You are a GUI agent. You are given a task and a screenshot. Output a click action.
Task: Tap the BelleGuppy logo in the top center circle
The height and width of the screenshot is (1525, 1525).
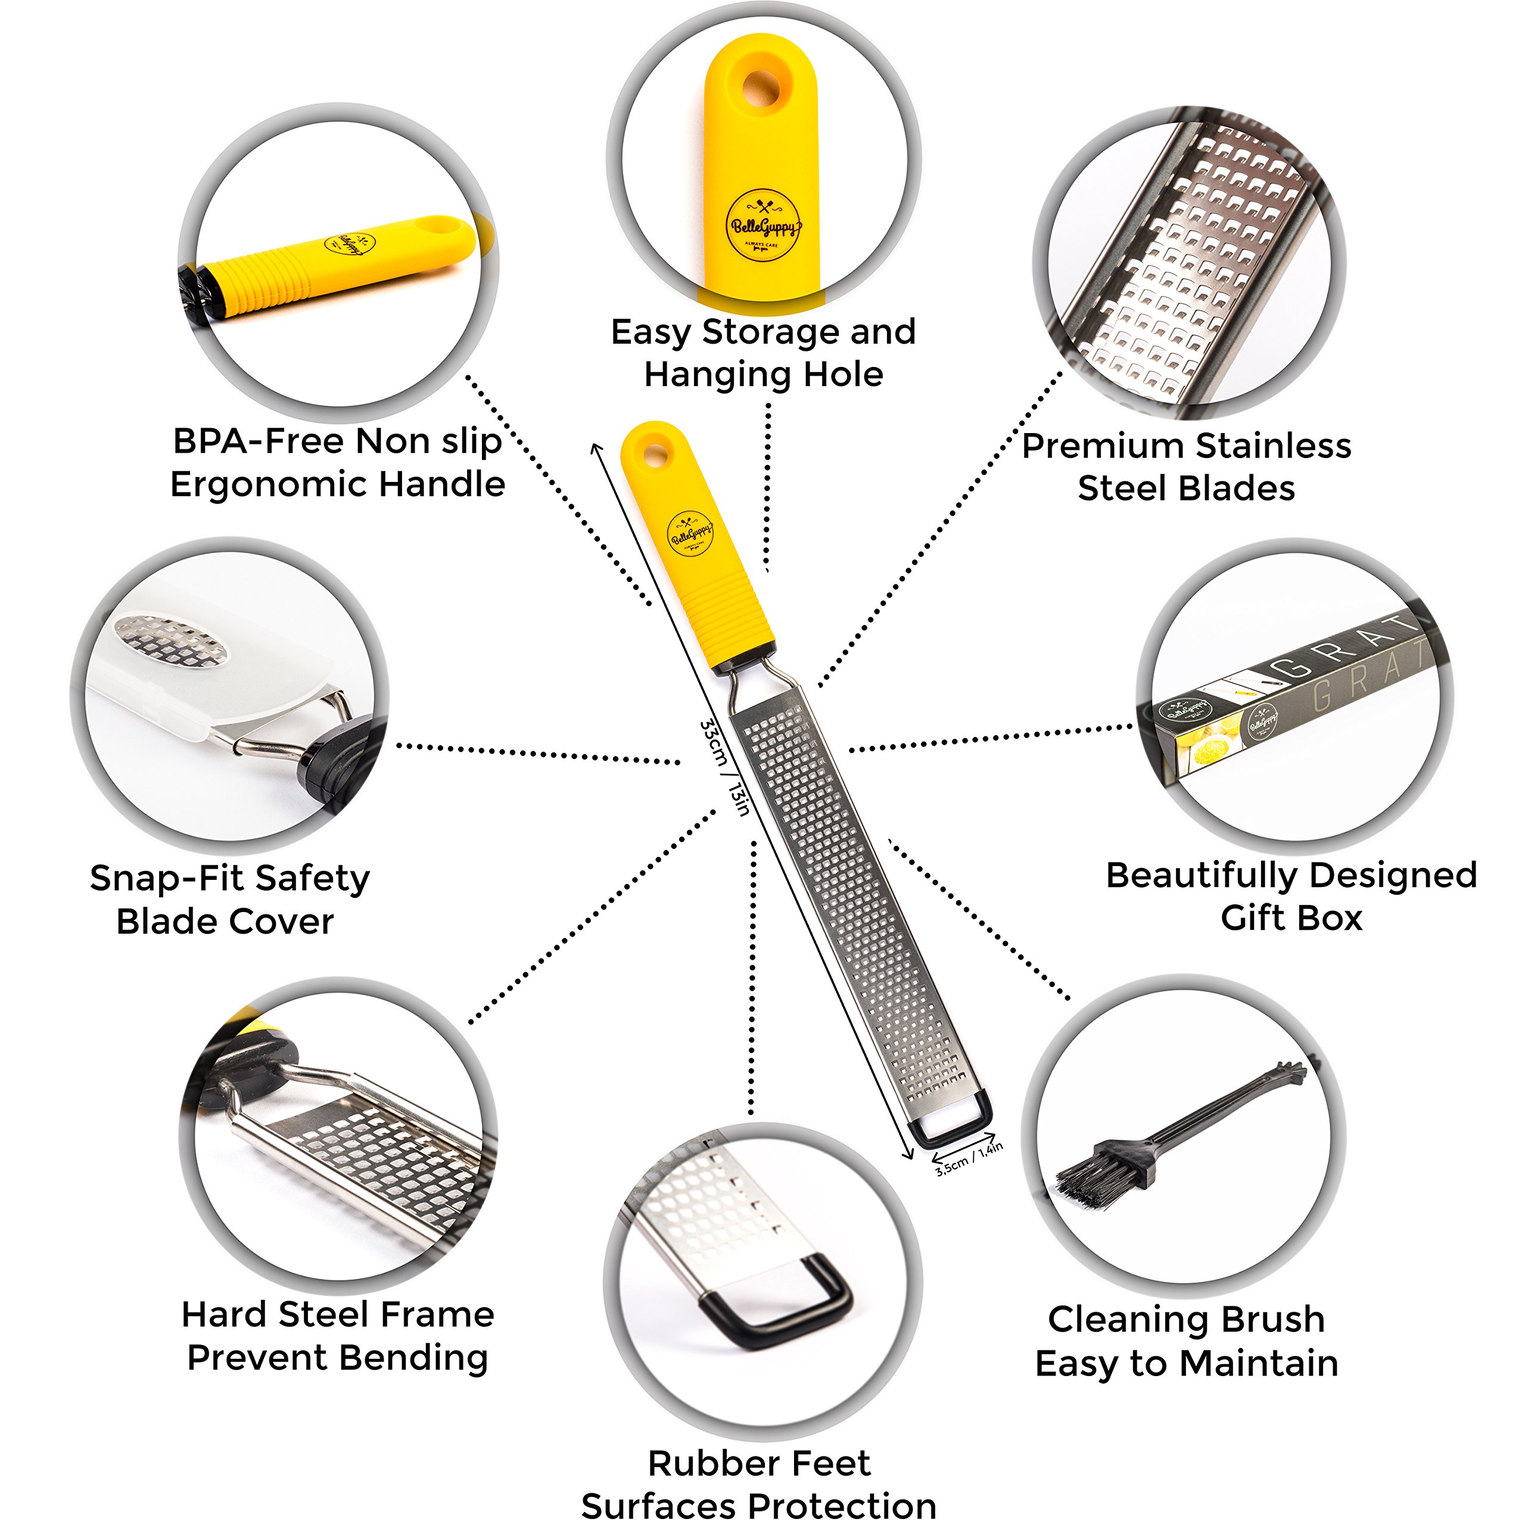(x=762, y=226)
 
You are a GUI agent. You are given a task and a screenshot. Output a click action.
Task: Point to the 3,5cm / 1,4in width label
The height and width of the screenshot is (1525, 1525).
(x=969, y=1159)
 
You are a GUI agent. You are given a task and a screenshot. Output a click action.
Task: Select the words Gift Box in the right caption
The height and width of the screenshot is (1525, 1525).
(x=1291, y=918)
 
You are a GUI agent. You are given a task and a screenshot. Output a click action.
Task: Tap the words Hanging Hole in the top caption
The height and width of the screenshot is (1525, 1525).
(x=763, y=374)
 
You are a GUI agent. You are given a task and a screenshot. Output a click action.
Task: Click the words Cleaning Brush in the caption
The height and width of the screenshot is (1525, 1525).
(x=1187, y=1319)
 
